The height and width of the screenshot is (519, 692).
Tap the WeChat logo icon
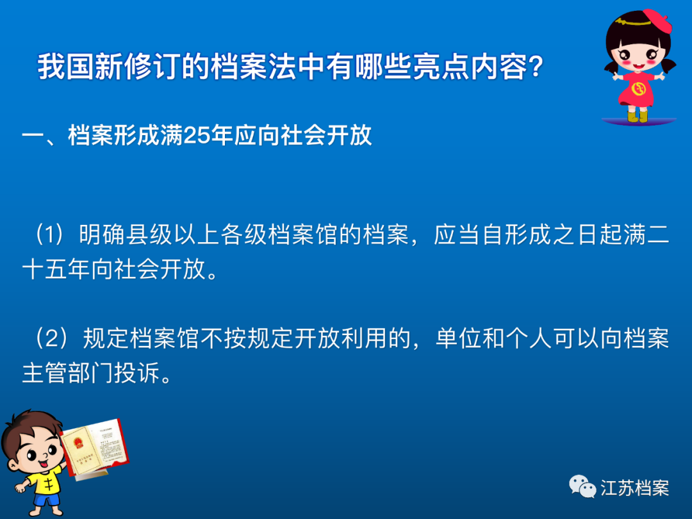582,487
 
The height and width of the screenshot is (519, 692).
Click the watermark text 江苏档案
634,488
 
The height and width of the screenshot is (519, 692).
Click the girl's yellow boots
638,115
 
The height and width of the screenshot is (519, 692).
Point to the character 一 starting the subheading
33,136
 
